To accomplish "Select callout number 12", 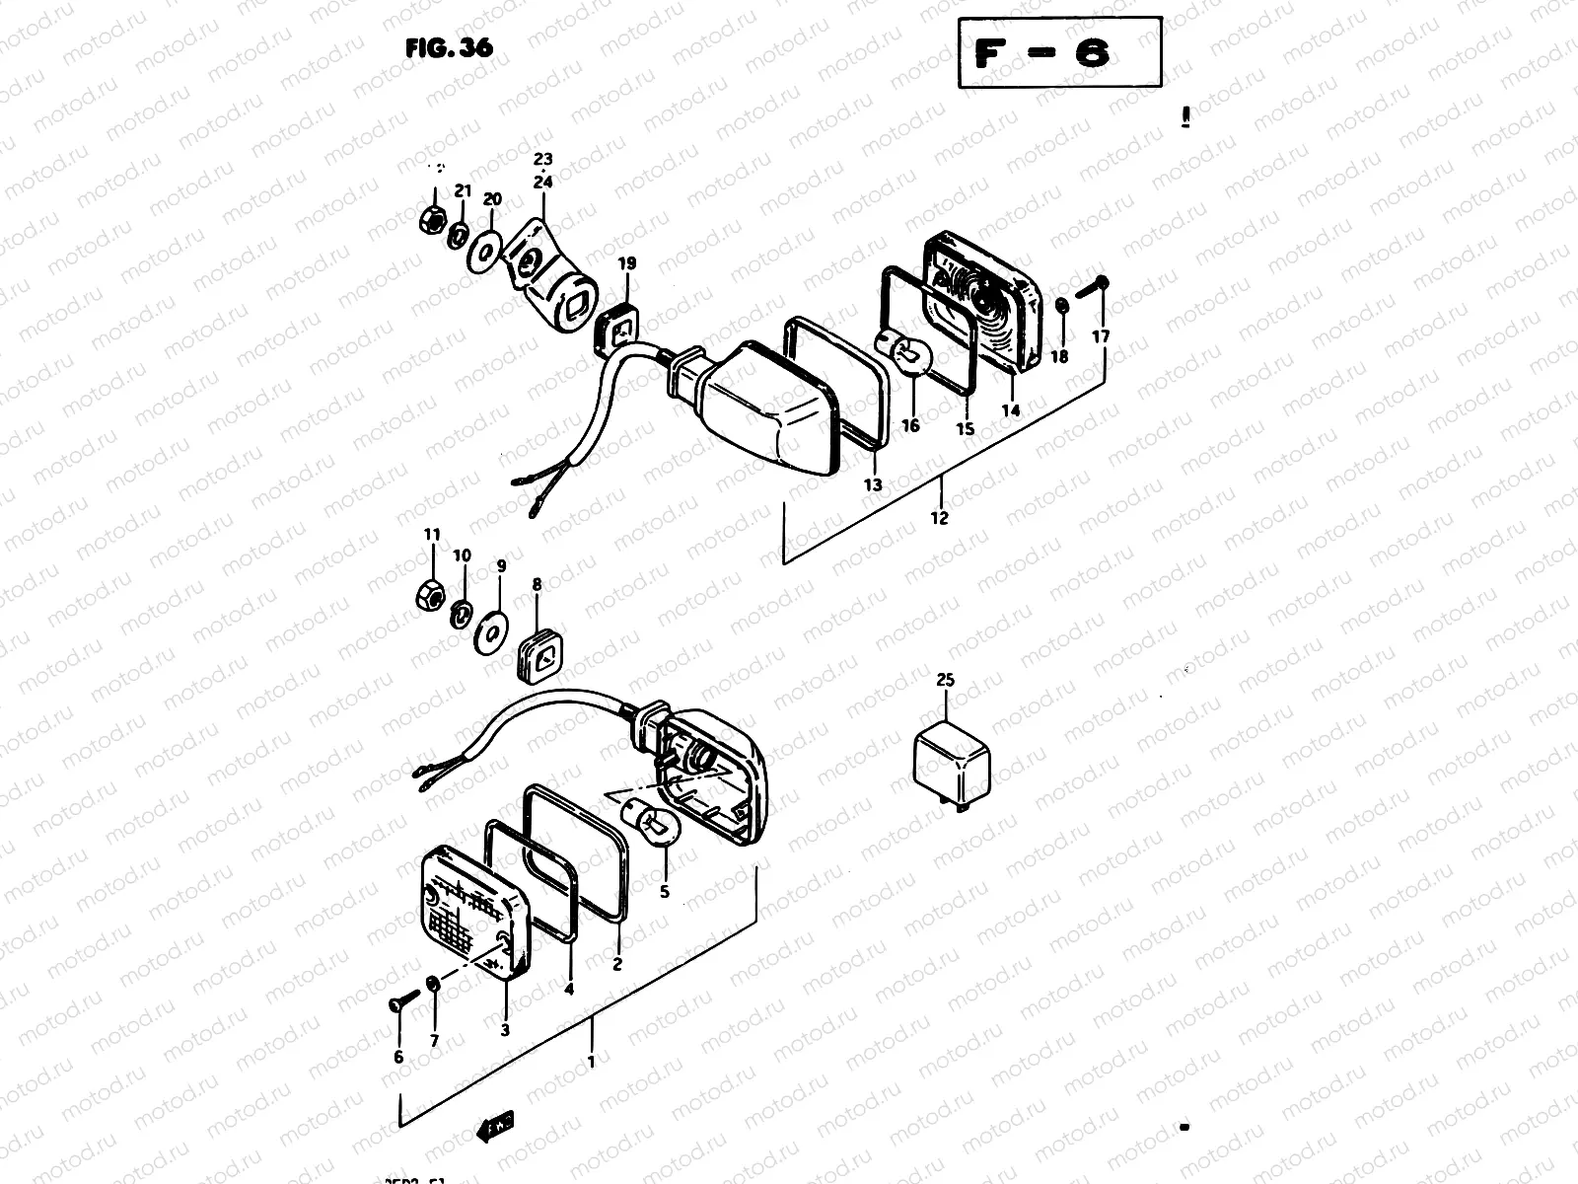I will click(938, 517).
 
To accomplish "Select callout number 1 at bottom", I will click(591, 1063).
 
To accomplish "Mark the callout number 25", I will click(946, 681).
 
